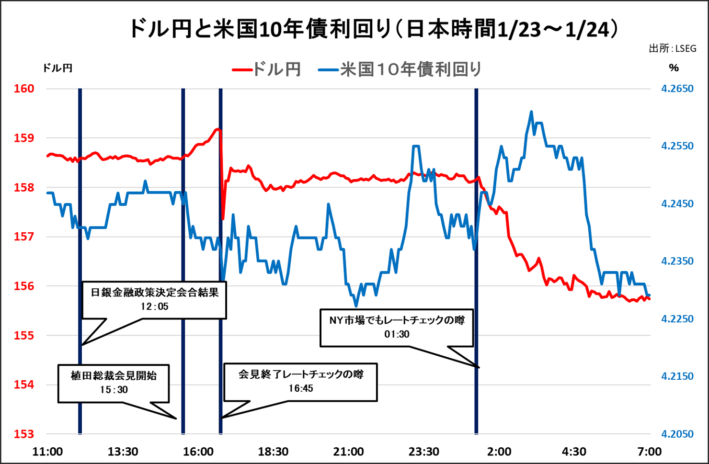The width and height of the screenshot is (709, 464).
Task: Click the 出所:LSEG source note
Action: pyautogui.click(x=672, y=48)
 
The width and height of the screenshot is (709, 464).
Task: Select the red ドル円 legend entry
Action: pyautogui.click(x=266, y=69)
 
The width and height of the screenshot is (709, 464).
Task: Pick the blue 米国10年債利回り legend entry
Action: pyautogui.click(x=400, y=69)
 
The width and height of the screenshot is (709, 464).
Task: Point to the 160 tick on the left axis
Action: pyautogui.click(x=24, y=89)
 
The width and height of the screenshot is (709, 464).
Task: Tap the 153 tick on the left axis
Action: pyautogui.click(x=24, y=434)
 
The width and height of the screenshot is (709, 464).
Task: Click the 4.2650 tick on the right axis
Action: pyautogui.click(x=677, y=89)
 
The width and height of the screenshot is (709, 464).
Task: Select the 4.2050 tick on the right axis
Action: pyautogui.click(x=677, y=434)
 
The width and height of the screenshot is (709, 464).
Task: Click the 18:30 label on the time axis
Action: pyautogui.click(x=273, y=452)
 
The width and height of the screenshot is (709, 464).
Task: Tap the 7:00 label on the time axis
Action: pyautogui.click(x=649, y=452)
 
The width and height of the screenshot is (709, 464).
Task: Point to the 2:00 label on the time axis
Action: pyautogui.click(x=499, y=452)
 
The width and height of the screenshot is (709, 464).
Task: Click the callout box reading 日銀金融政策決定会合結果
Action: pyautogui.click(x=154, y=300)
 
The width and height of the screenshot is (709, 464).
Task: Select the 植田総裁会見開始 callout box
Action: pyautogui.click(x=114, y=383)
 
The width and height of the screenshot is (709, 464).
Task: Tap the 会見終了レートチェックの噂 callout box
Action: pyautogui.click(x=301, y=381)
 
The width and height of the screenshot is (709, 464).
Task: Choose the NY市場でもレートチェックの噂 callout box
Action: pyautogui.click(x=397, y=327)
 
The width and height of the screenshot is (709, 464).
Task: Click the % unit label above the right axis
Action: pyautogui.click(x=674, y=68)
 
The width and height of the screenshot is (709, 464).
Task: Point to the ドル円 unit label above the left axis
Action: pyautogui.click(x=57, y=68)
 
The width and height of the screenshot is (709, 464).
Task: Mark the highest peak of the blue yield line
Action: pyautogui.click(x=531, y=112)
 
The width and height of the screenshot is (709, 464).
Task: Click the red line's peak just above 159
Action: pyautogui.click(x=218, y=129)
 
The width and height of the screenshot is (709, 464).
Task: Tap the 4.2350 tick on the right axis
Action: pyautogui.click(x=677, y=261)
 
